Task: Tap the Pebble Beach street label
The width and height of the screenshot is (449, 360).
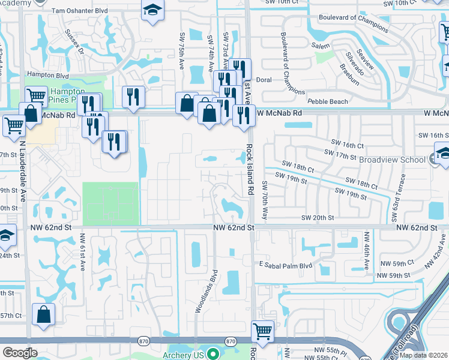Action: coord(327,101)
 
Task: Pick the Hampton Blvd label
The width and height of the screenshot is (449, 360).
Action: coord(48,76)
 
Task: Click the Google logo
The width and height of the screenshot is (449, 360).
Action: coord(20,352)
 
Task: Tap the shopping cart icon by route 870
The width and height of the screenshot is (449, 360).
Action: coord(263,331)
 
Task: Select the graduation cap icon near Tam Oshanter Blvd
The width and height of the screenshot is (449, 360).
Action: coord(152,10)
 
